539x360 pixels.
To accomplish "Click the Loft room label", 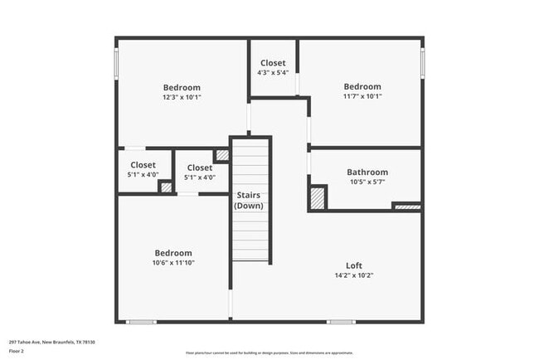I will [x=353, y=265].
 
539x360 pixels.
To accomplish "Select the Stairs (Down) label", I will [x=249, y=201].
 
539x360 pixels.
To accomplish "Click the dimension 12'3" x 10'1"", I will [x=182, y=97].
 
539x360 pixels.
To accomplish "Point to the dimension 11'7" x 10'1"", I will [x=362, y=96].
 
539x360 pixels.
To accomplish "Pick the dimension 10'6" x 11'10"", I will [x=173, y=263].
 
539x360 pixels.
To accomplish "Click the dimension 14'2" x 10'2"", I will [x=353, y=275].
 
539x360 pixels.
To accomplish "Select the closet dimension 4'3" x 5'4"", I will [x=273, y=73].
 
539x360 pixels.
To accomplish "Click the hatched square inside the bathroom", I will [x=317, y=199].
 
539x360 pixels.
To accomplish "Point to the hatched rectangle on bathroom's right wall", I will [x=406, y=206].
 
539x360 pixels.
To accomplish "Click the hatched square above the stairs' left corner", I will [x=221, y=155].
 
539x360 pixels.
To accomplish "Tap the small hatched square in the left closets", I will [x=166, y=187].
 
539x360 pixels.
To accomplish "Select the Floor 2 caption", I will [x=17, y=351].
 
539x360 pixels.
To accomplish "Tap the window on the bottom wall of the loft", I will [x=341, y=322].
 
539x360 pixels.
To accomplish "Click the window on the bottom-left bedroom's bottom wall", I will [x=141, y=322].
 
